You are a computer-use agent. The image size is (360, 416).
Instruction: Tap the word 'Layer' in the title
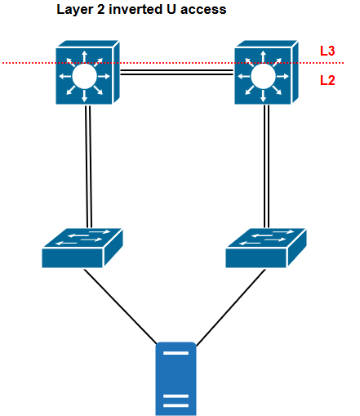[73, 10]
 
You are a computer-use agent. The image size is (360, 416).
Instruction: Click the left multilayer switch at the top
[86, 75]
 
